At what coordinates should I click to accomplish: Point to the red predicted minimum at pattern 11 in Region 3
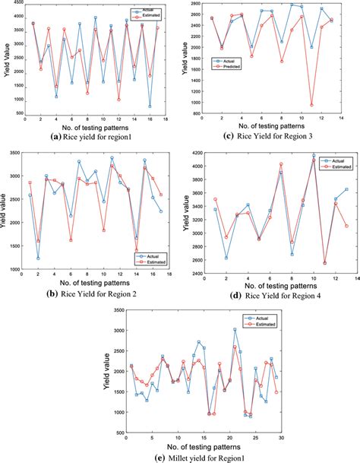(x=312, y=105)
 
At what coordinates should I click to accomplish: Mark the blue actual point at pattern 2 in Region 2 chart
(x=38, y=258)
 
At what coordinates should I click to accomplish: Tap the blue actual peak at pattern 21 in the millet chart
(x=234, y=330)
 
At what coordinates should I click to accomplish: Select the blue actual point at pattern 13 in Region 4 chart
(x=346, y=189)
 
